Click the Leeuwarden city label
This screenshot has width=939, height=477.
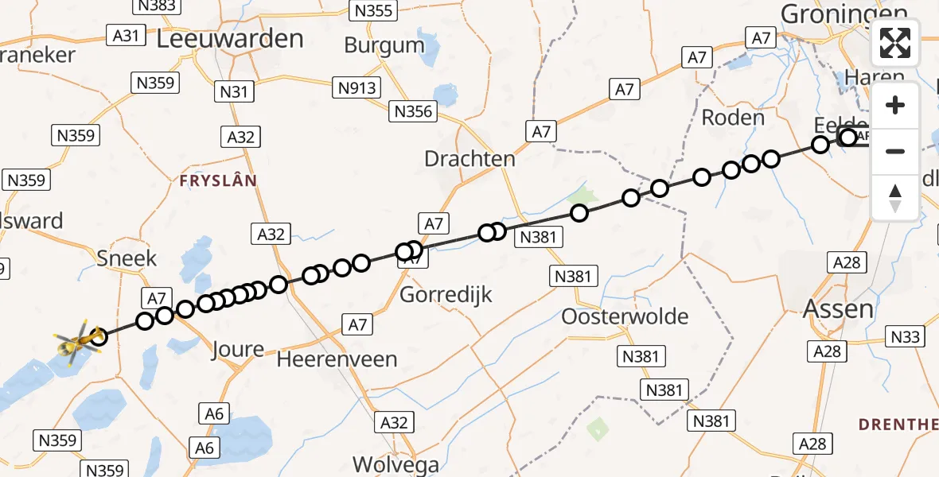tap(230, 38)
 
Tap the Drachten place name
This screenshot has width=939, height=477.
tap(469, 158)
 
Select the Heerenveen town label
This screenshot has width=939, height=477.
tap(337, 359)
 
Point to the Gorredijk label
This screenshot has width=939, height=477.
tap(446, 295)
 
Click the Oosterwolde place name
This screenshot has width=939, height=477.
tap(625, 316)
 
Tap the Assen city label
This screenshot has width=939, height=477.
tap(838, 308)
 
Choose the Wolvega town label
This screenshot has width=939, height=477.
tap(395, 464)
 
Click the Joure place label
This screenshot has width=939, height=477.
tap(239, 349)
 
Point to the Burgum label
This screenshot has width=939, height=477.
tap(384, 45)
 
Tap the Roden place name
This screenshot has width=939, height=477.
tap(732, 118)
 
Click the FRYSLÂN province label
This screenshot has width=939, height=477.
tap(218, 181)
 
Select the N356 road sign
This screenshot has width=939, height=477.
tap(412, 112)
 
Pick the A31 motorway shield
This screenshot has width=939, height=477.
tap(126, 35)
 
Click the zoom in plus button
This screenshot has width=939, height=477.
tap(895, 105)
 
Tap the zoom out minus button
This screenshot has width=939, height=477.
tap(895, 151)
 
